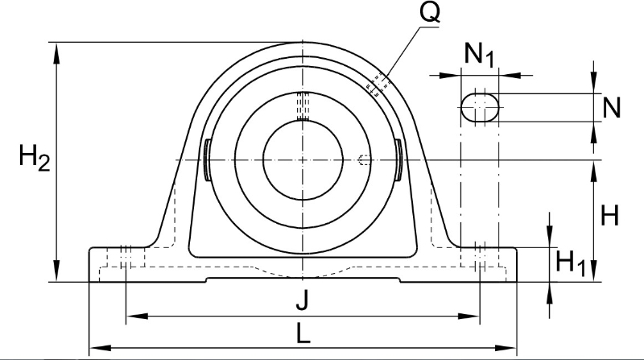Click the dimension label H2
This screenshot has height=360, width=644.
35,159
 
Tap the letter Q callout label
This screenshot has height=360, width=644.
430,13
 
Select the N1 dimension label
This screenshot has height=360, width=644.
479,55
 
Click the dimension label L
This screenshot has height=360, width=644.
303,333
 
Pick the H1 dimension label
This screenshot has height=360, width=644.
571,263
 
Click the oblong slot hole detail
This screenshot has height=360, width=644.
480,108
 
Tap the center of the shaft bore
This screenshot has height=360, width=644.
303,159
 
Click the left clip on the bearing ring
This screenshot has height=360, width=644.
208,159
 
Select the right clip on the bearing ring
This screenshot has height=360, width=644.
398,159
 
